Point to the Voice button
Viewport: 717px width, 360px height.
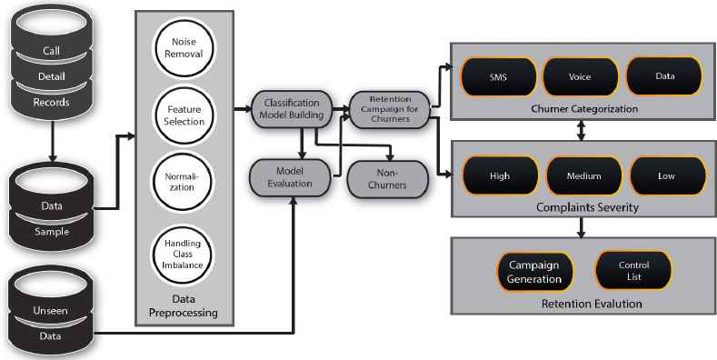tap(580, 77)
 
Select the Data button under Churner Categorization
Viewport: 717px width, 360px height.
tap(663, 77)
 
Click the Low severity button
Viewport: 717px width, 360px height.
tap(667, 176)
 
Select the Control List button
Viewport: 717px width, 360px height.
tap(633, 270)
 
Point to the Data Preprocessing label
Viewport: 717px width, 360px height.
tap(184, 305)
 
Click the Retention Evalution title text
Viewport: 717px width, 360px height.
tap(582, 303)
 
